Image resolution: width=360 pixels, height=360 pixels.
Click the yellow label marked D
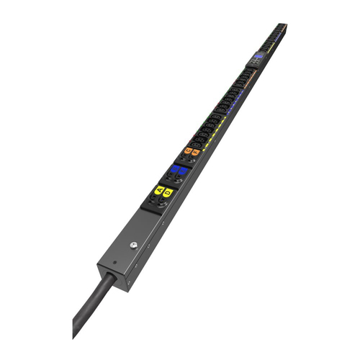(x=168, y=193)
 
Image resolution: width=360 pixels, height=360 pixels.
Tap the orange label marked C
(x=188, y=150)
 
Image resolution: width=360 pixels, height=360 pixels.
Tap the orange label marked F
(x=195, y=151)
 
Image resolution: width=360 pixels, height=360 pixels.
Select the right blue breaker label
(x=182, y=173)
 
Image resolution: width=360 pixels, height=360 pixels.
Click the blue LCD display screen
(x=258, y=55)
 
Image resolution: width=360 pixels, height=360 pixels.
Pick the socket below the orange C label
(x=184, y=158)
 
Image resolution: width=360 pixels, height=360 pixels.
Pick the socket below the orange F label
(x=192, y=160)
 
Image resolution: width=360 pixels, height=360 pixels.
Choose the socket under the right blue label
(x=178, y=182)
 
